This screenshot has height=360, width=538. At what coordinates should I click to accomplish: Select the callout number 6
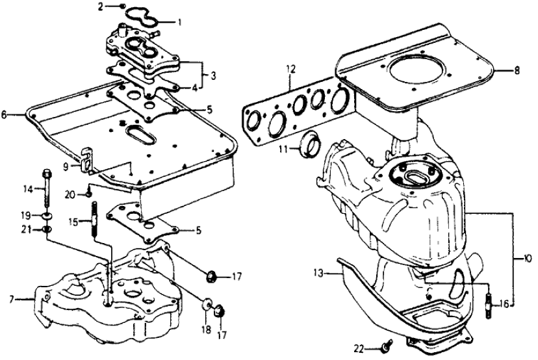click(5, 114)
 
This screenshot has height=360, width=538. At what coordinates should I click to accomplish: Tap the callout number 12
click(290, 68)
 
